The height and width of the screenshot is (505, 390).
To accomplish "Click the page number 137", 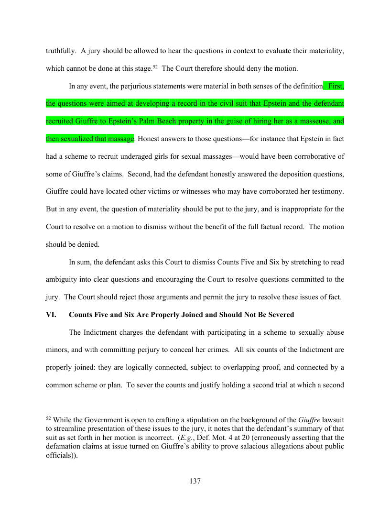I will coord(195,481).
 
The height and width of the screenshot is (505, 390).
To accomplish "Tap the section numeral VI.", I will coord(51,315).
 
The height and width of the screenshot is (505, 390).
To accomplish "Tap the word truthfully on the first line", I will coord(61,50).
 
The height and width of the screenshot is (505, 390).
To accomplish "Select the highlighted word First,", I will coord(336,86).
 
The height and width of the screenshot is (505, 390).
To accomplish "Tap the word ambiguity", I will coord(63,279).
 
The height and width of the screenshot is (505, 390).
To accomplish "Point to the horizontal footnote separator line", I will coord(91,411).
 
